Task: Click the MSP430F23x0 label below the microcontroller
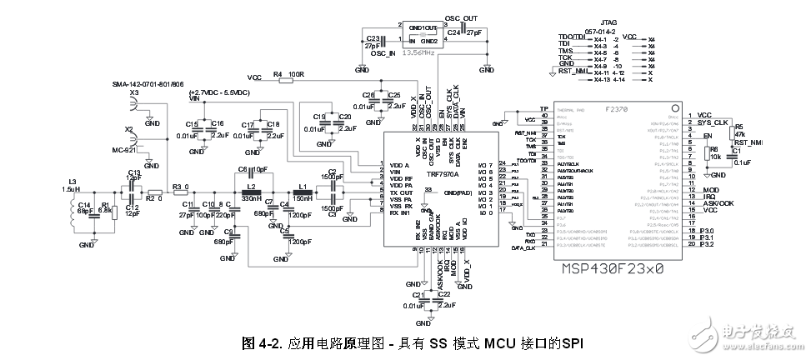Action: click(x=613, y=269)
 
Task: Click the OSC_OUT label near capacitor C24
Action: click(x=463, y=17)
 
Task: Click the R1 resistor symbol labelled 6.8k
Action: click(x=104, y=210)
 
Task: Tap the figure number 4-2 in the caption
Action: click(x=268, y=342)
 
